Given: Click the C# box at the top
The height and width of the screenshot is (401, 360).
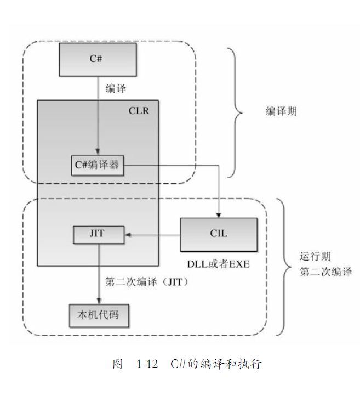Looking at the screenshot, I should coord(98,59).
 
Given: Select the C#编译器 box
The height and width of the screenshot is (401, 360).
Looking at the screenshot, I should coord(98,165).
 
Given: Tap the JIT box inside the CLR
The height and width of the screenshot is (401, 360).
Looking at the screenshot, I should coord(98,234).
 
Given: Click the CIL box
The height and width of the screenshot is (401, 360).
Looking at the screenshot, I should coord(219,234).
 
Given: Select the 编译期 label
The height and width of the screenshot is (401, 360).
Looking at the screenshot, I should coord(282,111).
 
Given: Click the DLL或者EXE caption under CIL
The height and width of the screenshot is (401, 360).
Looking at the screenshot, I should coord(219,264).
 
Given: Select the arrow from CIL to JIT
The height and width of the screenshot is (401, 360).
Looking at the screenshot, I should coord(153,234).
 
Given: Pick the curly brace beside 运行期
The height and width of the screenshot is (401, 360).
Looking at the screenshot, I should coord(284,267).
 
